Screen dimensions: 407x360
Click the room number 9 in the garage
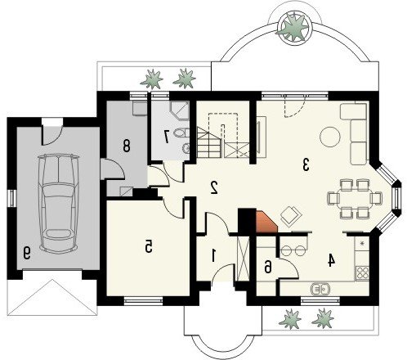click(26, 253)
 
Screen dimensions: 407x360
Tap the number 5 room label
click(149, 246)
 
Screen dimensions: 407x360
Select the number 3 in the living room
click(306, 164)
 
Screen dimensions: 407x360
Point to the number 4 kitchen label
click(331, 260)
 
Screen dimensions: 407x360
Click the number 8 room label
click(127, 145)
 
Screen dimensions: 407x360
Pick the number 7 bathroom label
click(166, 137)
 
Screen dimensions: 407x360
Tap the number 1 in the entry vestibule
click(213, 255)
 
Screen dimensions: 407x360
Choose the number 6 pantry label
click(268, 267)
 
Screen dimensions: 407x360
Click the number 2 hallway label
click(214, 187)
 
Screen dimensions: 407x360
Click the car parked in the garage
click(59, 204)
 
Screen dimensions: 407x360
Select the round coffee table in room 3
click(330, 137)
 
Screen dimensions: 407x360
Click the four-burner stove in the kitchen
click(362, 272)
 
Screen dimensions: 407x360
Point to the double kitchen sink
click(320, 289)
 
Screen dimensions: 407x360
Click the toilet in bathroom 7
click(181, 133)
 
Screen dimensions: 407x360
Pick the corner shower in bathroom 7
click(180, 110)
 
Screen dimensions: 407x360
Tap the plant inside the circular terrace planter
click(293, 28)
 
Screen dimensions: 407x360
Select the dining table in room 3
click(355, 198)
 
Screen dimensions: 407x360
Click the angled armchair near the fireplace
click(291, 215)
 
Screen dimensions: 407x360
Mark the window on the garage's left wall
click(12, 198)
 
